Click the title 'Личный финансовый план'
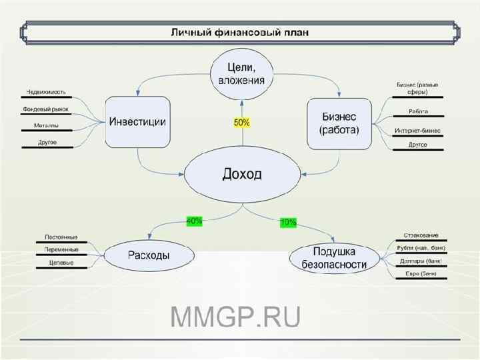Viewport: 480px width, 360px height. point(240,31)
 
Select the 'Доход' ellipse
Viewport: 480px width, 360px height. point(242,175)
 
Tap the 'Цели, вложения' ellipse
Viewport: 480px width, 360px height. point(241,74)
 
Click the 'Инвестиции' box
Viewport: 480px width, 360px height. point(138,122)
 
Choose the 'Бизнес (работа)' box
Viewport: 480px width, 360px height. point(339,122)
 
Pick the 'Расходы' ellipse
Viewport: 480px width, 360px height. point(148,255)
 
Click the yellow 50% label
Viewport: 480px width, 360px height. point(241,123)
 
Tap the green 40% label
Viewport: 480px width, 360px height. point(195,221)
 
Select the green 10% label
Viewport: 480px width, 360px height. point(288,223)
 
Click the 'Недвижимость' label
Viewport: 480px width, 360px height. point(46,92)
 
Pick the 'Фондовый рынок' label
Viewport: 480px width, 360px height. point(46,109)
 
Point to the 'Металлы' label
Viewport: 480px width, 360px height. point(46,125)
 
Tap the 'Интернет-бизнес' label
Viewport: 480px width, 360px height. point(417,130)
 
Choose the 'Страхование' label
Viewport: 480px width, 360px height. point(421,235)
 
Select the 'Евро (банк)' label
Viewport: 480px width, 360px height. point(421,273)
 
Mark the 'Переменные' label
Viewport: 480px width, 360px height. point(61,249)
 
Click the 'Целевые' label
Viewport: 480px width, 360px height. point(61,263)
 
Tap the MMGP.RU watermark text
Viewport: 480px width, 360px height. point(236,317)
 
